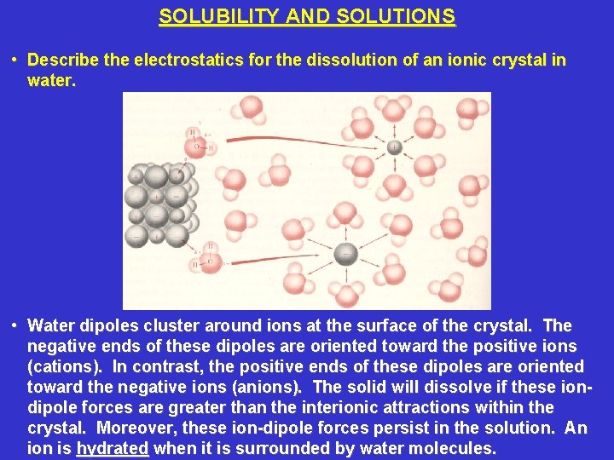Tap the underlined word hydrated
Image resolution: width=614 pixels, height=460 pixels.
tap(113, 448)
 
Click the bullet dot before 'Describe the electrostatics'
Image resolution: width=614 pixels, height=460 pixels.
tap(15, 60)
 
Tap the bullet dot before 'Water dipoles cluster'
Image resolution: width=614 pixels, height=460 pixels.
tap(15, 326)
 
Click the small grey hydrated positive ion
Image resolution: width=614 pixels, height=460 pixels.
tap(394, 147)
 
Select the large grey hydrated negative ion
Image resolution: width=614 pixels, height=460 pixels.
tap(346, 252)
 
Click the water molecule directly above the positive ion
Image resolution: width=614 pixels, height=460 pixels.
tap(393, 111)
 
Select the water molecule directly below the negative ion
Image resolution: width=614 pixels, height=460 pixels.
tap(346, 294)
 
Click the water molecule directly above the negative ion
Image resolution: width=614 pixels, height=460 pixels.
tap(345, 213)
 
